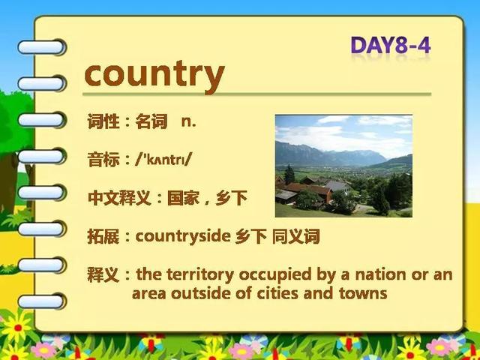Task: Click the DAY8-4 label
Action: point(391,45)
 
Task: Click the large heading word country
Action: point(154,75)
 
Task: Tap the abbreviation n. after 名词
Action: point(188,121)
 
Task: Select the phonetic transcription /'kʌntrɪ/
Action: point(163,159)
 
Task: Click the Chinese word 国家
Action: point(183,198)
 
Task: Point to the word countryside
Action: point(183,236)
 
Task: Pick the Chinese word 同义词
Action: point(296,236)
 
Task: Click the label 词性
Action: point(103,121)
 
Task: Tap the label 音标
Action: point(103,160)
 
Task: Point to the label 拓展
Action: point(103,236)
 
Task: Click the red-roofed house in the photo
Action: point(308,190)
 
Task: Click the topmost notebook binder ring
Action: point(42,47)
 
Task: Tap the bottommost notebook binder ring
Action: point(42,301)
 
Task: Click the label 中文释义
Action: point(119,198)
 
